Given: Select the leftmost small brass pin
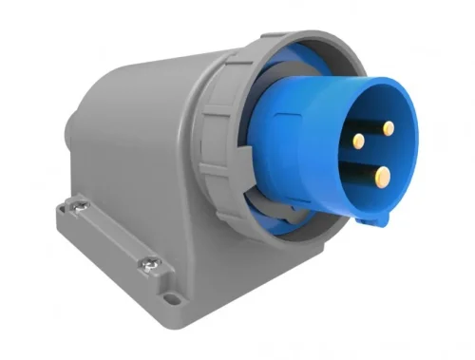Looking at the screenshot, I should click(357, 141).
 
